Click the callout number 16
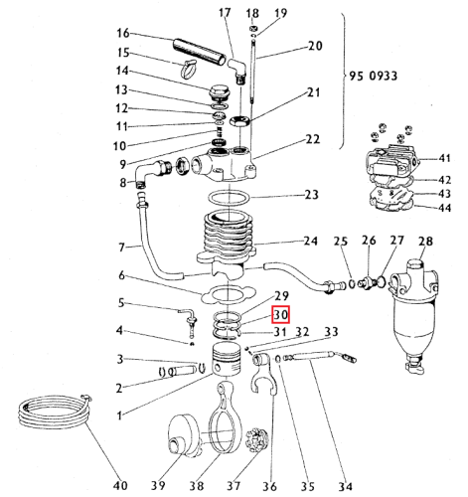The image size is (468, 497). click(123, 32)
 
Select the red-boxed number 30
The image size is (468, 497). click(280, 314)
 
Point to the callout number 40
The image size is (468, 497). click(120, 486)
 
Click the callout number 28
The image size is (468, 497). click(426, 242)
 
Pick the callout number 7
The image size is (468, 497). click(122, 247)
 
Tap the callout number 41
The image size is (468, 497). click(446, 158)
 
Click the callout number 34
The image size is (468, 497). click(344, 486)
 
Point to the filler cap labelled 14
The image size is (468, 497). click(217, 96)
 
